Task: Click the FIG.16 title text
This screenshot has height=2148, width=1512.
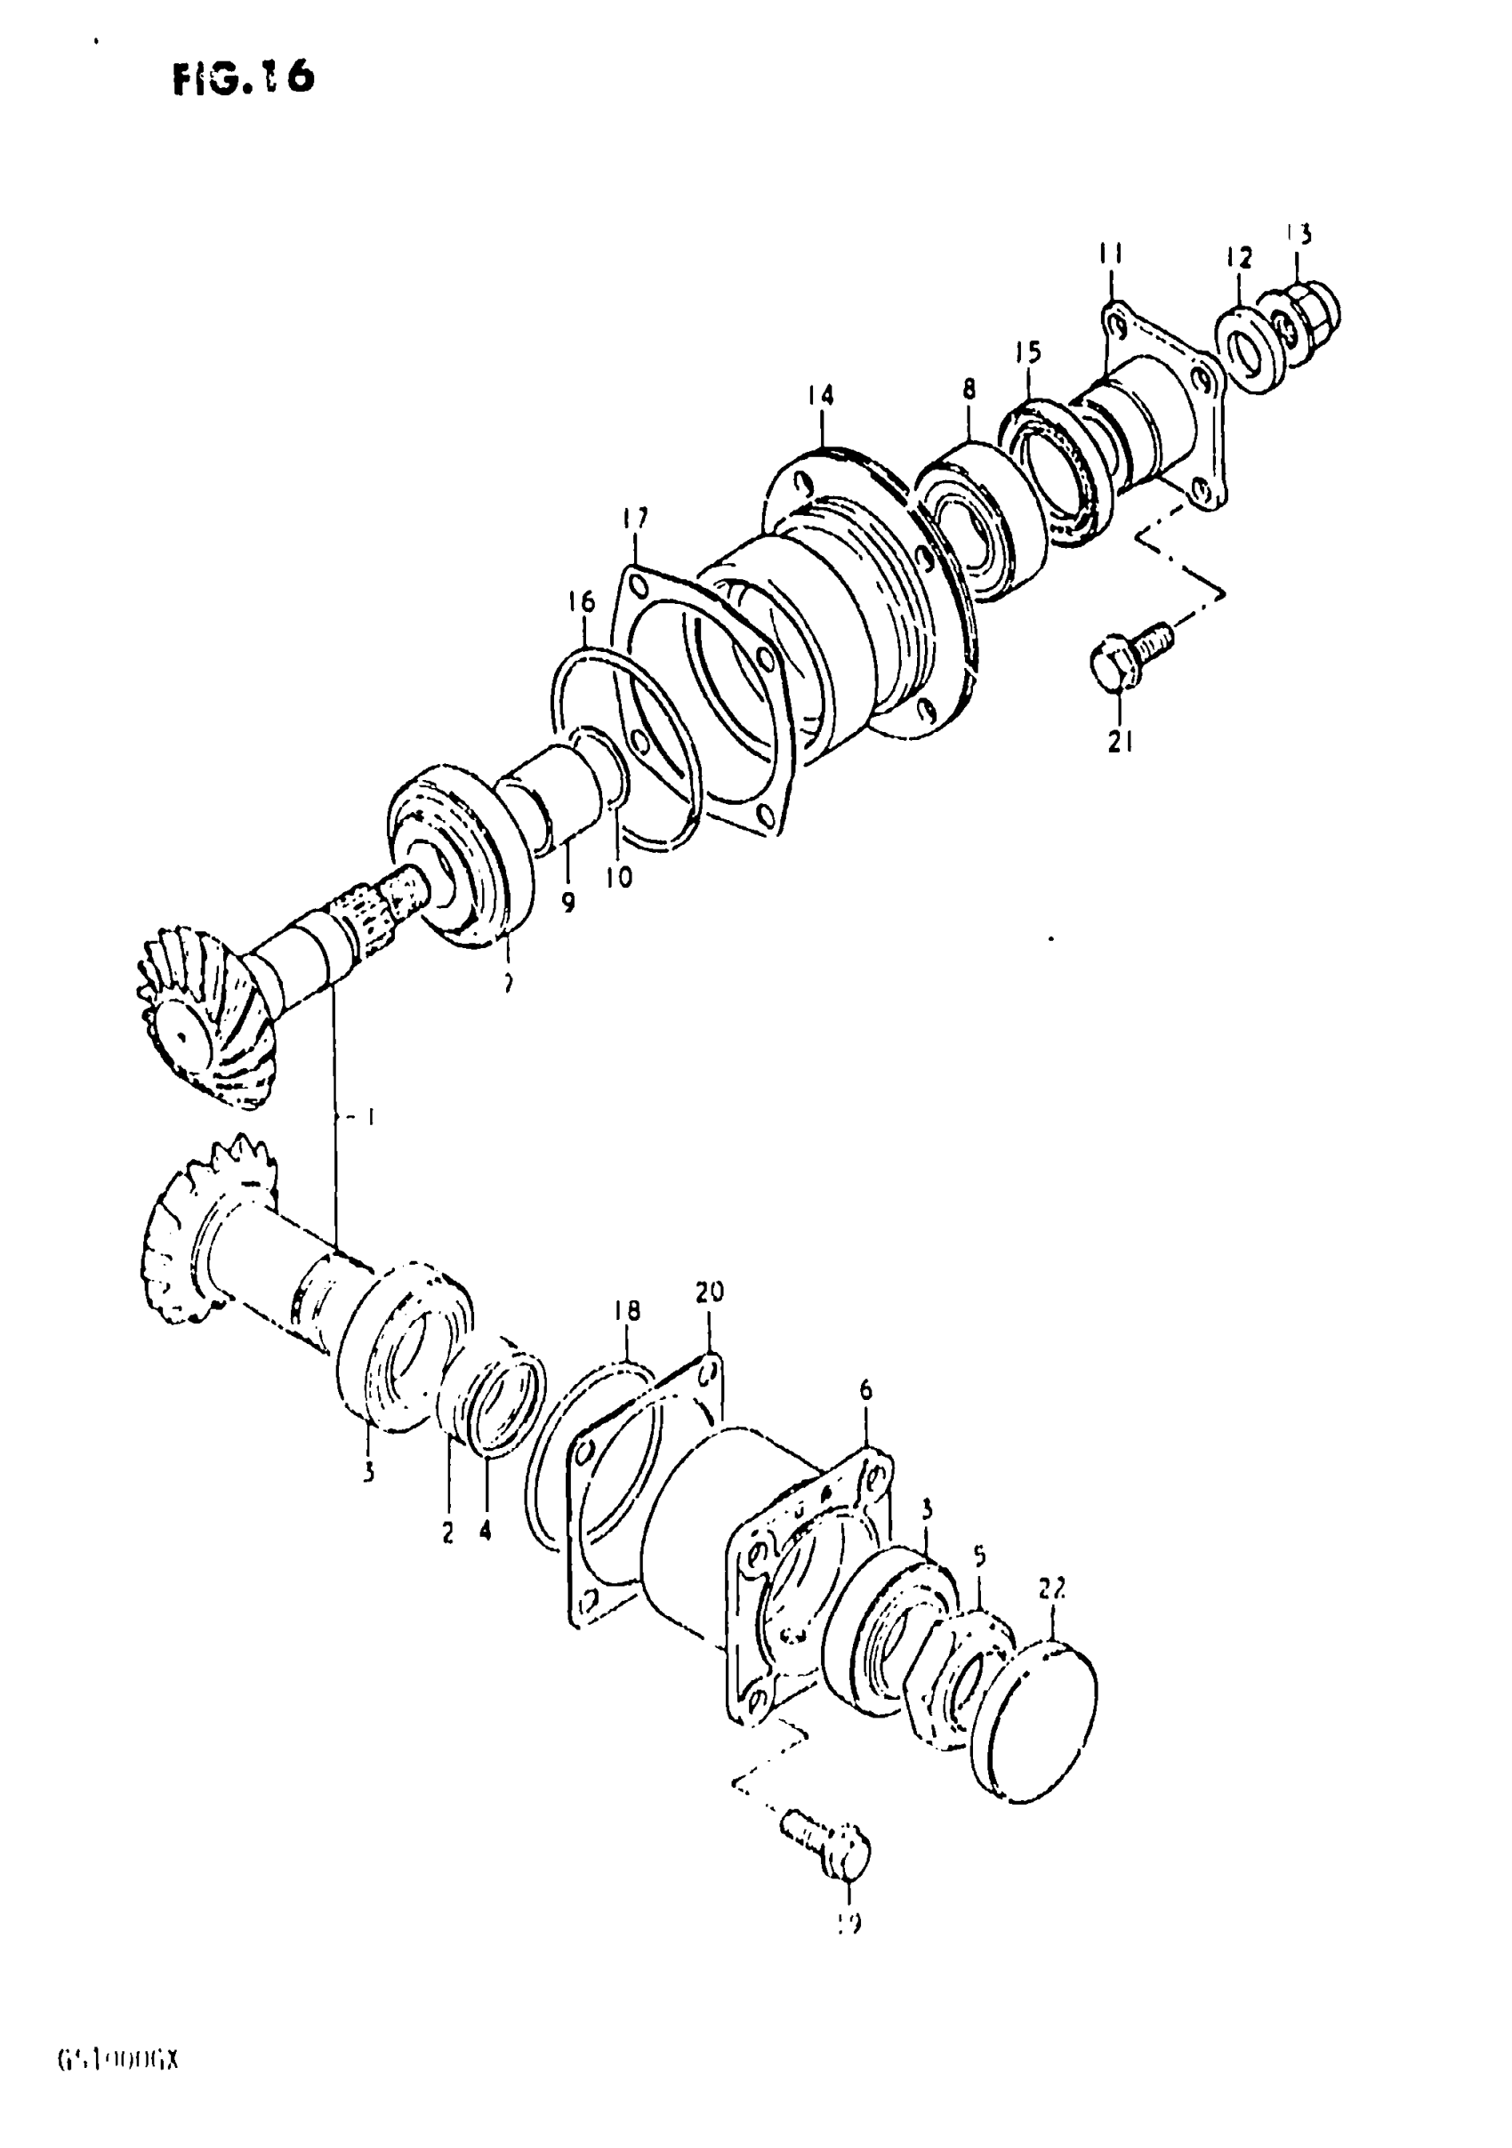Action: click(245, 79)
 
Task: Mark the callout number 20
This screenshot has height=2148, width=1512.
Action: click(709, 1293)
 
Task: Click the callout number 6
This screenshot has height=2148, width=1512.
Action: click(865, 1418)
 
